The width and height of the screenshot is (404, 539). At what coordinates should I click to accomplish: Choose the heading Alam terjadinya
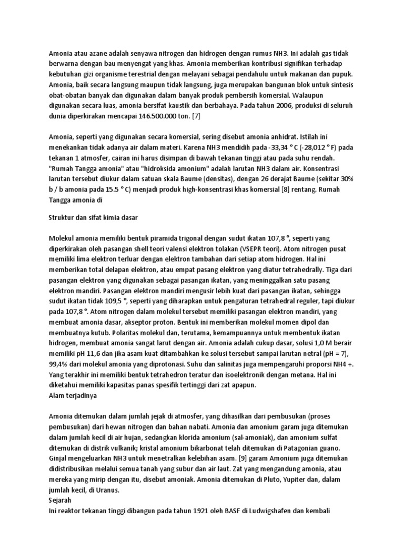tap(73, 394)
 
